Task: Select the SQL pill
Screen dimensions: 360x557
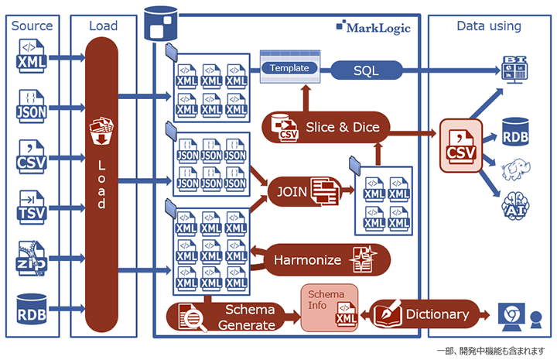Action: point(366,71)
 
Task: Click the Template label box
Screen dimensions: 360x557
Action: point(289,68)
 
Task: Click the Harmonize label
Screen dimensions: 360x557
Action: point(307,260)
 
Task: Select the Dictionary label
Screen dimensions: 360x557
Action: point(437,314)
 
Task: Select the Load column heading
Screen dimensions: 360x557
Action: point(103,26)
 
